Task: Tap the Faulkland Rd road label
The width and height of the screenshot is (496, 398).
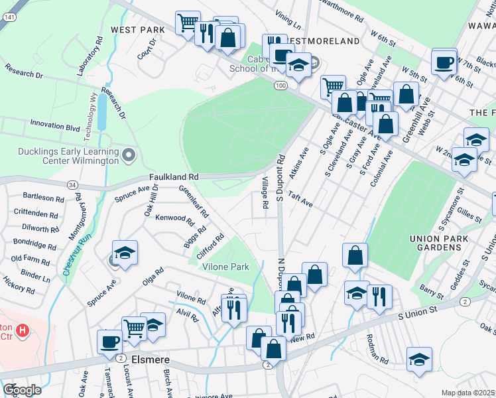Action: point(173,177)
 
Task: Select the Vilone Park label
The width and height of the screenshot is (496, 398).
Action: point(225,267)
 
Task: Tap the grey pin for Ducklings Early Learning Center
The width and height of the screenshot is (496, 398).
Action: point(129,156)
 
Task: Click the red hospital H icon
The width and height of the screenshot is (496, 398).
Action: point(23,330)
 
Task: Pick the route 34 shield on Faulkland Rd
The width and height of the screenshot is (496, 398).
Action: point(72,184)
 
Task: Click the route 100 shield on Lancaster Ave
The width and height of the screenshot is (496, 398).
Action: point(280,86)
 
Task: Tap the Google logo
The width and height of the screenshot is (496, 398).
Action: point(22,389)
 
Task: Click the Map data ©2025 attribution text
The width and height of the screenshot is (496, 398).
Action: point(468,393)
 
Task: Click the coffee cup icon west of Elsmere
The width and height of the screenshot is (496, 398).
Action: point(109,342)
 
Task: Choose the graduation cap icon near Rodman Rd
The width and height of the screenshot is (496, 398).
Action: point(419,360)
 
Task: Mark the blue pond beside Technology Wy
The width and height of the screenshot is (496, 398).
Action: point(101,115)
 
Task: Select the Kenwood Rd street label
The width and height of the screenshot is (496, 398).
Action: point(173,218)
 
